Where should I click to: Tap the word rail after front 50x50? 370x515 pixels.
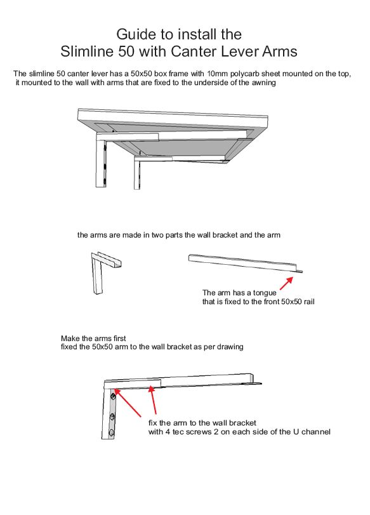[308, 302]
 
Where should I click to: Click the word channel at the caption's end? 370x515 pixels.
[317, 432]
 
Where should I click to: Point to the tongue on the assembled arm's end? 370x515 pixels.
[258, 384]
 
